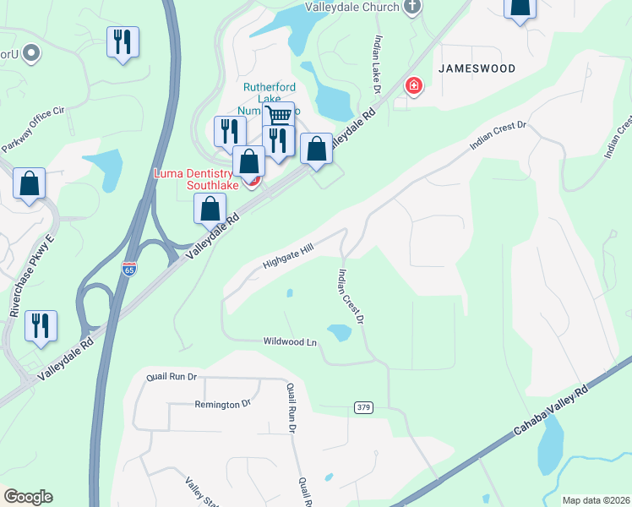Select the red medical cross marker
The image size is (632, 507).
(x=414, y=84)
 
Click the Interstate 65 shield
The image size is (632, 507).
(x=128, y=269)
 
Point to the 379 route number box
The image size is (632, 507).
(x=363, y=408)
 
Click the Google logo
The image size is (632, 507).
(x=28, y=497)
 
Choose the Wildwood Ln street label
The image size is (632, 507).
(x=290, y=342)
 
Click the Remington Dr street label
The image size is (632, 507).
(x=222, y=405)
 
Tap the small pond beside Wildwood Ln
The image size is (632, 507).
(x=339, y=333)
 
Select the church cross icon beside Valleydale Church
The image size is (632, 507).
(x=412, y=8)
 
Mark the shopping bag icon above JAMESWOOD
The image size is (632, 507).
(x=520, y=7)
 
